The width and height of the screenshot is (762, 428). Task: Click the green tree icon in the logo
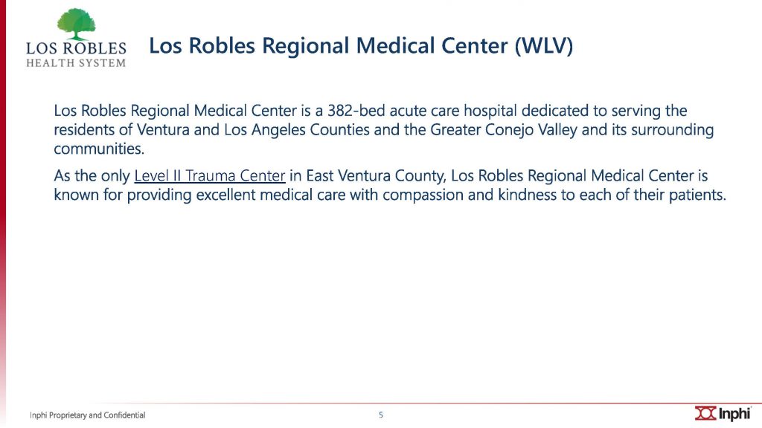point(77,24)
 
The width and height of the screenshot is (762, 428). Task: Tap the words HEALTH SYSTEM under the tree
point(76,63)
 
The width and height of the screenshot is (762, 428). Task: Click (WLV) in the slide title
point(544,46)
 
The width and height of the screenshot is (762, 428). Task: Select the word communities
point(99,149)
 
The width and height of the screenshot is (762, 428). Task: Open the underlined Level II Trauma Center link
point(209,175)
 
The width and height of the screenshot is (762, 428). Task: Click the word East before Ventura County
point(319,175)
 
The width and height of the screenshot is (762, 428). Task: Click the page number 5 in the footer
point(381,415)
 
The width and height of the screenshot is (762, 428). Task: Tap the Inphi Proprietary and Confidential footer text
point(88,415)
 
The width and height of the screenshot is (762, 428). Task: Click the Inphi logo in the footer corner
point(723,413)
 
